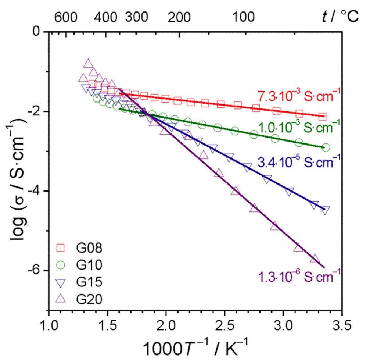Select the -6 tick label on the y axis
click(35, 270)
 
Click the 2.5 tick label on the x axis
click(224, 325)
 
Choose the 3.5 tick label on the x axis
click(342, 325)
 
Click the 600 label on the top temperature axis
click(66, 17)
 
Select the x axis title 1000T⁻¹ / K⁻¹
click(195, 347)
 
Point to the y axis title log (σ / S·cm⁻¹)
click(15, 169)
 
